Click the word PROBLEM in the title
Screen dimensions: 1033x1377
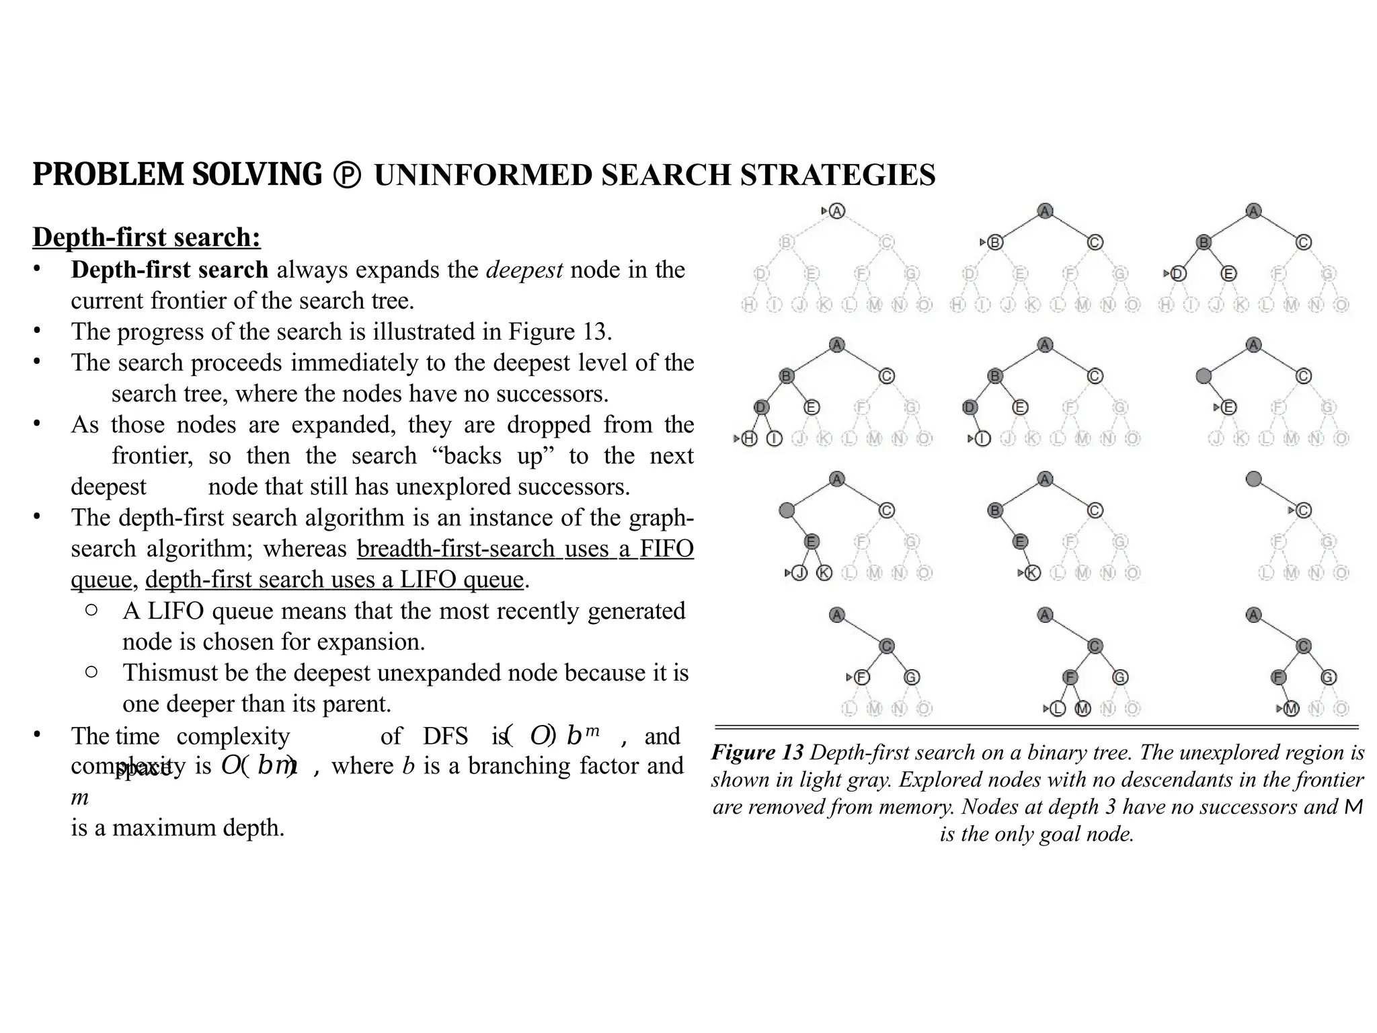pyautogui.click(x=107, y=175)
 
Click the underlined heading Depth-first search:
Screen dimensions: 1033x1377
pyautogui.click(x=147, y=237)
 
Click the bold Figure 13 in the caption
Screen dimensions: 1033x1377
pyautogui.click(x=757, y=752)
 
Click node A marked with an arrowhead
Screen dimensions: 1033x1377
pyautogui.click(x=836, y=211)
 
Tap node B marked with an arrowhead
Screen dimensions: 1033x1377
pyautogui.click(x=995, y=243)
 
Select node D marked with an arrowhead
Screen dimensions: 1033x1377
pyautogui.click(x=1178, y=274)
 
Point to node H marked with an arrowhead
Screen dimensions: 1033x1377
pyautogui.click(x=749, y=439)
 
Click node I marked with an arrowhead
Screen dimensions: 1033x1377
pyautogui.click(x=982, y=439)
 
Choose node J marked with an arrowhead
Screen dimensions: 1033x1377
pyautogui.click(x=799, y=573)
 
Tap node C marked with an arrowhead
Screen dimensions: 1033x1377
pyautogui.click(x=1303, y=510)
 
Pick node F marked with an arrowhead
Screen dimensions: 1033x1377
pyautogui.click(x=861, y=677)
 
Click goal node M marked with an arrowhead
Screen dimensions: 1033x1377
pyautogui.click(x=1291, y=708)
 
